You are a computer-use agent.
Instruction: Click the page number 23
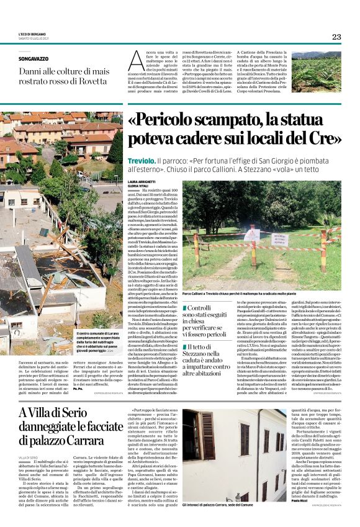pyautogui.click(x=336, y=37)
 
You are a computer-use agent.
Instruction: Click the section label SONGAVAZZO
pyautogui.click(x=33, y=59)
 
